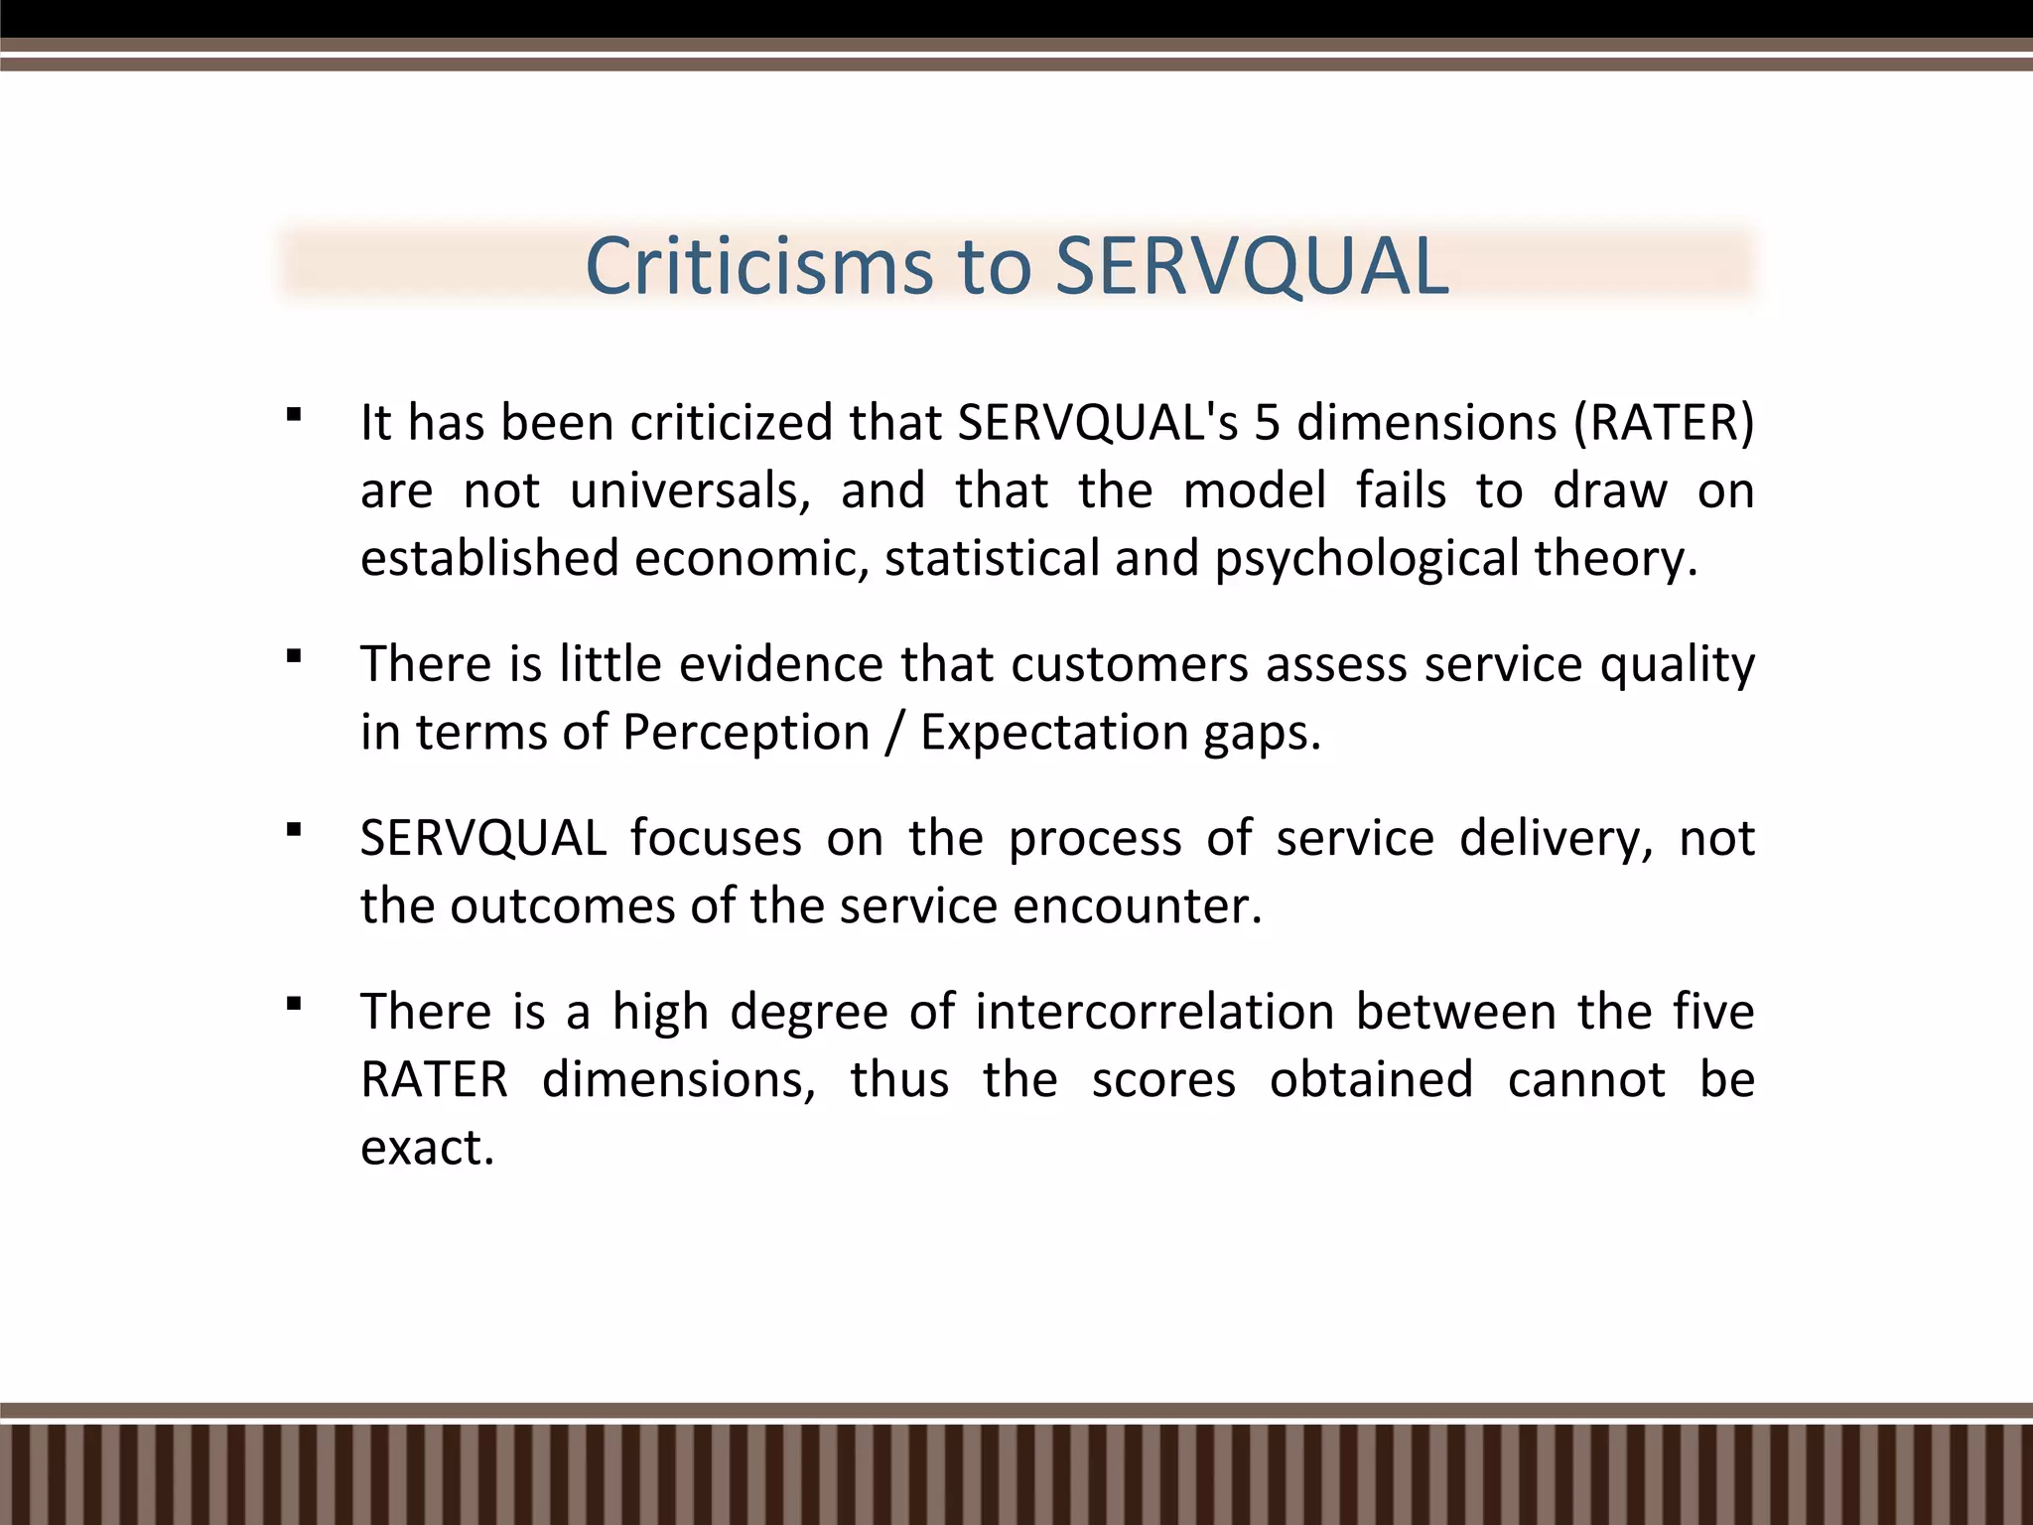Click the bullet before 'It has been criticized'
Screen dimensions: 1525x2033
[293, 415]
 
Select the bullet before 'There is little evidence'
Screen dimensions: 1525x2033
[293, 656]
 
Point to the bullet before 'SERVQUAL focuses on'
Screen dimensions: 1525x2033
[293, 830]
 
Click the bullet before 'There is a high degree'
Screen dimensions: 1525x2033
[293, 1004]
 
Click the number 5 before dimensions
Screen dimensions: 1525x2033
[1267, 423]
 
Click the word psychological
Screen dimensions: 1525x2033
[1368, 559]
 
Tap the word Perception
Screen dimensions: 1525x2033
[746, 733]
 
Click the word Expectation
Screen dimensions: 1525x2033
[1054, 733]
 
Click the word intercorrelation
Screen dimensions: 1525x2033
[1154, 1012]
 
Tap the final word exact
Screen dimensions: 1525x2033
[427, 1148]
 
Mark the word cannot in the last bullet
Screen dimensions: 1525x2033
[1585, 1080]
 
